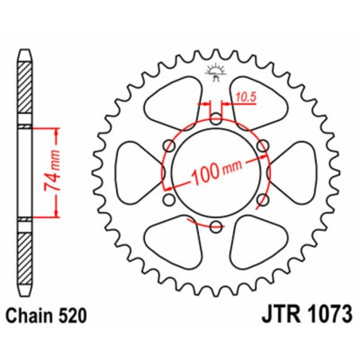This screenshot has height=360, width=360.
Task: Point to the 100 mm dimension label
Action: [x=217, y=171]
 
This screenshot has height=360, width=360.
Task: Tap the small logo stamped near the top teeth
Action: [x=216, y=72]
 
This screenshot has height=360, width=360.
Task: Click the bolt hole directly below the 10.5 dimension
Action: [x=216, y=120]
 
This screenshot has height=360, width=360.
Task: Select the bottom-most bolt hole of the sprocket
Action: [x=216, y=226]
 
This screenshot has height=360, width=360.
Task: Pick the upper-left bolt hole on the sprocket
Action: [x=170, y=147]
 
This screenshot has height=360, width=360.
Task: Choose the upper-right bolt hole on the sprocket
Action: [x=262, y=147]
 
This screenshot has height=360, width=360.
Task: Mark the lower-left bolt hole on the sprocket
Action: [x=170, y=200]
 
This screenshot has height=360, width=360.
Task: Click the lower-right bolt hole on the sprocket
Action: [x=262, y=200]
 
